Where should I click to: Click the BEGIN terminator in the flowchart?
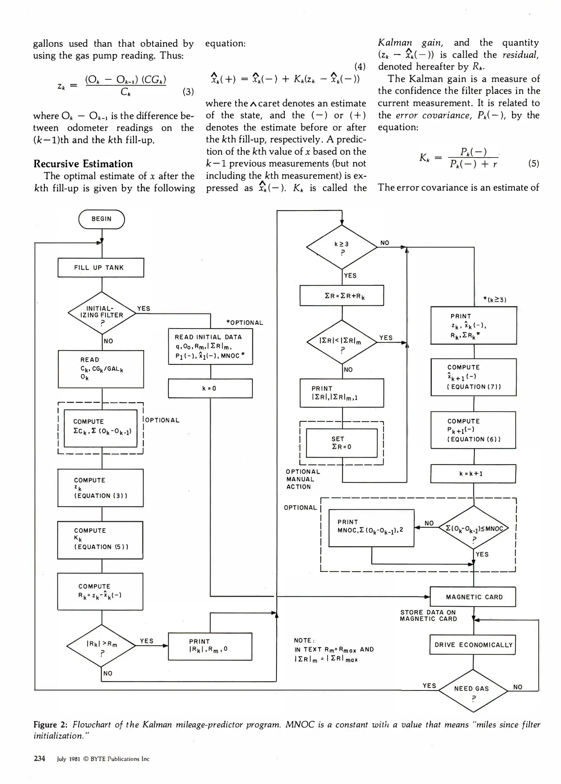pyautogui.click(x=101, y=219)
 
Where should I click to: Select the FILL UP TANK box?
pyautogui.click(x=101, y=268)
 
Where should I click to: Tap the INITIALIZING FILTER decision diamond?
pyautogui.click(x=102, y=313)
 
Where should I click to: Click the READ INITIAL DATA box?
pyautogui.click(x=210, y=346)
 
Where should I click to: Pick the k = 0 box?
pyautogui.click(x=210, y=388)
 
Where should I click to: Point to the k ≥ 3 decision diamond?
pyautogui.click(x=342, y=247)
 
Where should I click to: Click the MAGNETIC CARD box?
pyautogui.click(x=473, y=597)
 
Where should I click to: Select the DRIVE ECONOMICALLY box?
pyautogui.click(x=473, y=645)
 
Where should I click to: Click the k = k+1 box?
pyautogui.click(x=473, y=474)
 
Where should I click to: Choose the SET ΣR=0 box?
pyautogui.click(x=342, y=443)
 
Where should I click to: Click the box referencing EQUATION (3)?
pyautogui.click(x=100, y=488)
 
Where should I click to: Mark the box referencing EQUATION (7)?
pyautogui.click(x=473, y=377)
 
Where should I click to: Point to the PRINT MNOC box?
pyautogui.click(x=371, y=528)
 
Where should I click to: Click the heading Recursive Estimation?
pyautogui.click(x=83, y=164)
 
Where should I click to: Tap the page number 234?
pyautogui.click(x=39, y=759)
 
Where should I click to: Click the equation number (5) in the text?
pyautogui.click(x=533, y=163)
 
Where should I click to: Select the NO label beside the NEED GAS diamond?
pyautogui.click(x=518, y=687)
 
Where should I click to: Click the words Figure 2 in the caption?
pyautogui.click(x=50, y=725)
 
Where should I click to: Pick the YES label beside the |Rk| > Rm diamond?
pyautogui.click(x=147, y=641)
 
